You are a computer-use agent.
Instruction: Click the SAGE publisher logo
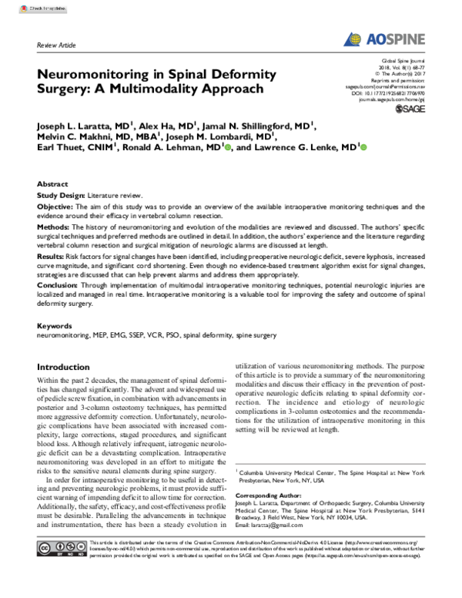coord(409,109)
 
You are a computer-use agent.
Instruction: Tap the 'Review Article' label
coord(56,46)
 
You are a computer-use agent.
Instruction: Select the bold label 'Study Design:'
coord(61,197)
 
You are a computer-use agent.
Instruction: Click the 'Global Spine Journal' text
coord(407,59)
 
